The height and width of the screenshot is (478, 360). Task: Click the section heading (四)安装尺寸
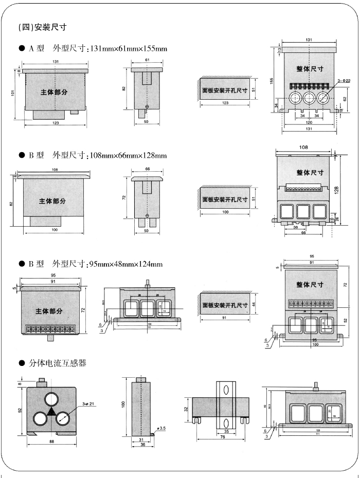[x=42, y=27]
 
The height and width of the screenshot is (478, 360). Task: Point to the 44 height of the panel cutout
[x=254, y=304]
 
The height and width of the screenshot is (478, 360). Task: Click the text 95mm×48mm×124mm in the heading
[x=125, y=264]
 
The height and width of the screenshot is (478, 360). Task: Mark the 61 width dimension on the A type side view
[x=147, y=61]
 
